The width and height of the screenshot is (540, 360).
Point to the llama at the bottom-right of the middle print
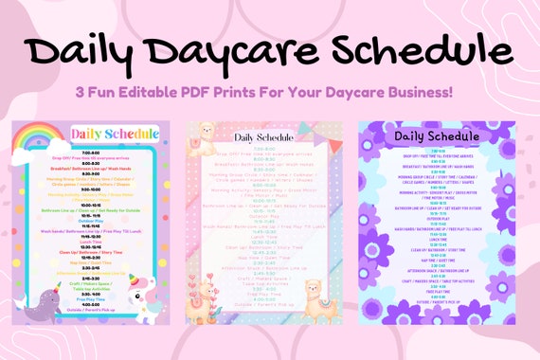pos(319,303)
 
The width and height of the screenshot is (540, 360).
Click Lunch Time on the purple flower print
pos(437,239)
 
